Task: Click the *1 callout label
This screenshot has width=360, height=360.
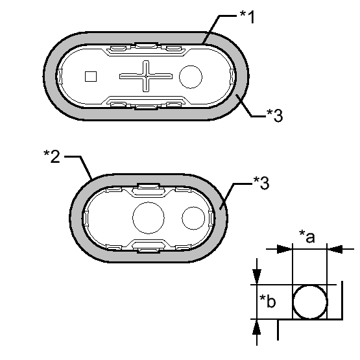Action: pos(247,17)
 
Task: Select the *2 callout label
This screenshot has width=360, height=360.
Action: pos(52,156)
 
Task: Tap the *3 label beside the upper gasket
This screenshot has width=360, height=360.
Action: pos(274,115)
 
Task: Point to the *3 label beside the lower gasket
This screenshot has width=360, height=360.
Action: pos(261,183)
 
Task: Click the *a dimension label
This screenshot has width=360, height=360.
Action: pos(307,237)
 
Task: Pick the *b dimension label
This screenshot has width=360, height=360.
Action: pos(267,301)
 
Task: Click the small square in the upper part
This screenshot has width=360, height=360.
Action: pos(91,77)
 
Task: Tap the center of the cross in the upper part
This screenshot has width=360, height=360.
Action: pos(146,76)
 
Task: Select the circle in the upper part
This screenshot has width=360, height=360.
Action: pos(191,77)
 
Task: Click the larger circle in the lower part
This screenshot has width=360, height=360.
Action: pos(149,218)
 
